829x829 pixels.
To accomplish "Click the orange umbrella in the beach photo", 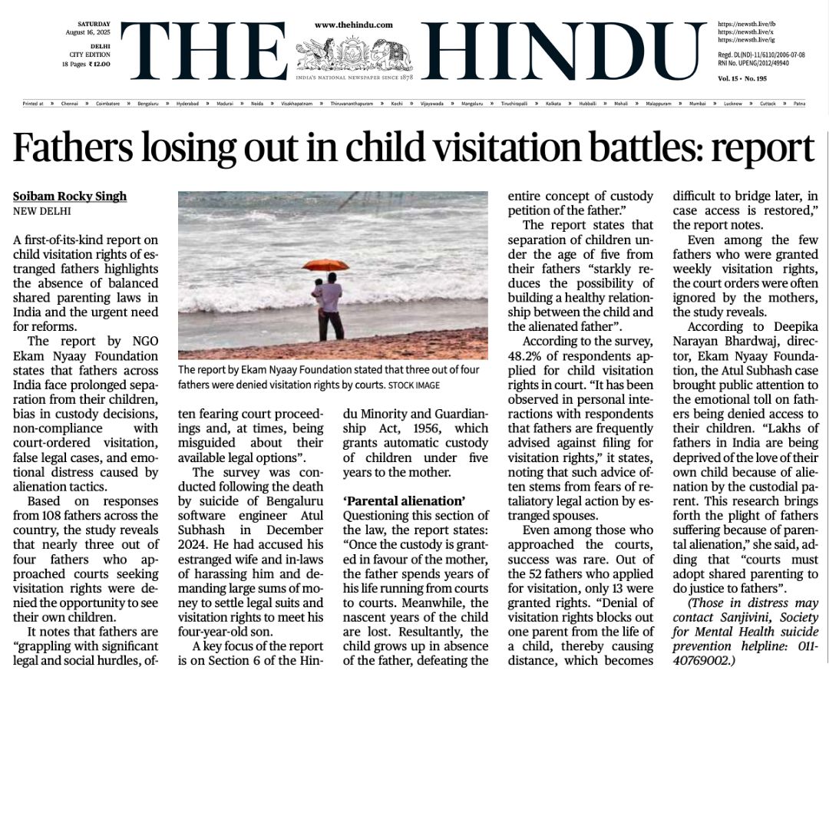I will pyautogui.click(x=325, y=265).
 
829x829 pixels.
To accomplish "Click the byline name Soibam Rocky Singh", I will pyautogui.click(x=70, y=197).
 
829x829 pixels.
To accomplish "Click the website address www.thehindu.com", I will pyautogui.click(x=354, y=25).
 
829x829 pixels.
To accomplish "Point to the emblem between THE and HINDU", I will pyautogui.click(x=354, y=54).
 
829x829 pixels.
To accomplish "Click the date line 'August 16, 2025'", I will pyautogui.click(x=88, y=33).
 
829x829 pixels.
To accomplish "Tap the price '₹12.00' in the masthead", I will pyautogui.click(x=99, y=64).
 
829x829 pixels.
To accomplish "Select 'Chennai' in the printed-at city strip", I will pyautogui.click(x=70, y=103).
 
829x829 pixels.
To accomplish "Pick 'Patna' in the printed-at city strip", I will pyautogui.click(x=799, y=103).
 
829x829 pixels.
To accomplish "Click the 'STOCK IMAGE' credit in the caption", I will pyautogui.click(x=414, y=385).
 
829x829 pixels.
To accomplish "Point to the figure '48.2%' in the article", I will pyautogui.click(x=525, y=356).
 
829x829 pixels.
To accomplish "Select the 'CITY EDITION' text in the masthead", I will pyautogui.click(x=90, y=54).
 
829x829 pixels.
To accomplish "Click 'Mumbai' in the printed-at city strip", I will pyautogui.click(x=697, y=103).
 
